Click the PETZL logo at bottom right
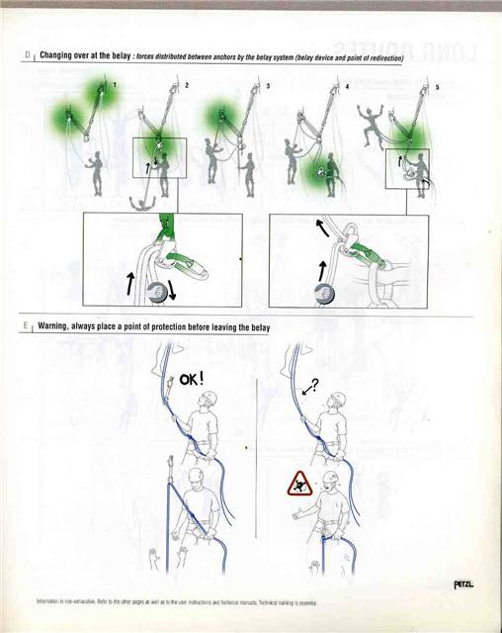tap(461, 584)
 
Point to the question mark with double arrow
tap(311, 388)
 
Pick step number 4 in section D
tap(347, 87)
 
